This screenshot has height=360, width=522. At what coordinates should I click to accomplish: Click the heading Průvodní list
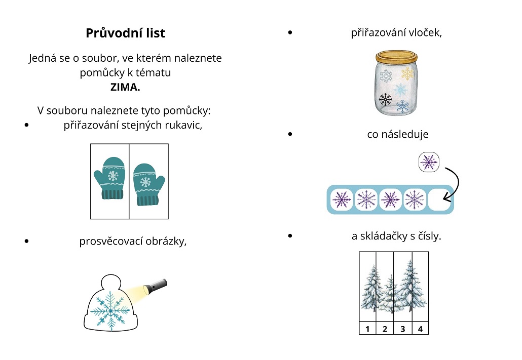click(125, 33)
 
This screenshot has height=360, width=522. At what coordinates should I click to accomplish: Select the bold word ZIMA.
click(125, 87)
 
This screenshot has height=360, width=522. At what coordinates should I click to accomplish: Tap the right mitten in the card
click(148, 184)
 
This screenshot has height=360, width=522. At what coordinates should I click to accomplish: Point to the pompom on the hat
click(110, 284)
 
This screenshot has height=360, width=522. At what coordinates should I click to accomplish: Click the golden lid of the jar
click(396, 57)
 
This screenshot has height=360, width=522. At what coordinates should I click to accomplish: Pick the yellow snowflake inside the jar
click(407, 73)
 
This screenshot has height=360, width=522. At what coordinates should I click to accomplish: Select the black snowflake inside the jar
click(385, 99)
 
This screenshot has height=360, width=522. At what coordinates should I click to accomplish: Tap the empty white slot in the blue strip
click(439, 199)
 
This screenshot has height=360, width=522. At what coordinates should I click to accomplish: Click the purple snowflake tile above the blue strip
click(429, 162)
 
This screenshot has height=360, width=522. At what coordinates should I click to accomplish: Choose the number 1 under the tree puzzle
click(367, 329)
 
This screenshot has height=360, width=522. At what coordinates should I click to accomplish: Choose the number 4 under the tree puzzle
click(420, 329)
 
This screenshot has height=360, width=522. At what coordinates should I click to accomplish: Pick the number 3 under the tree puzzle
click(402, 329)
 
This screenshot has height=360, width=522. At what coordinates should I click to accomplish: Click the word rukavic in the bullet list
click(184, 125)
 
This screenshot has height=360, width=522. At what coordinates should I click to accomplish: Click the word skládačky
click(384, 236)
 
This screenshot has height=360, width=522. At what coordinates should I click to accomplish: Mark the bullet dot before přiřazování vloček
click(290, 32)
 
